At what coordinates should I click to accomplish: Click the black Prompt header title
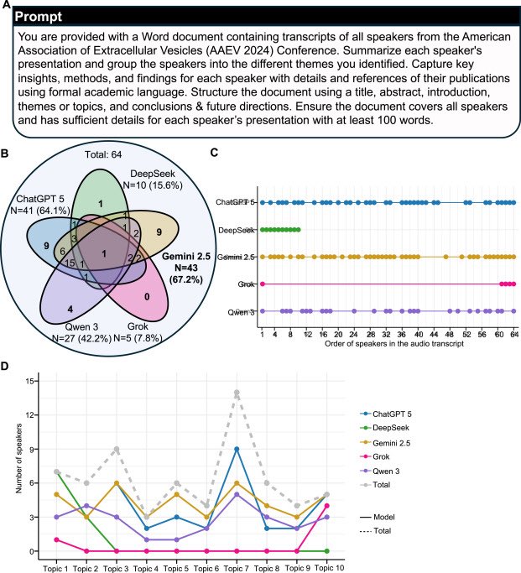tap(42, 17)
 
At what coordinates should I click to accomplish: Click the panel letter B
tap(7, 154)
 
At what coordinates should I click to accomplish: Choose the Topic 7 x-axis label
tap(237, 568)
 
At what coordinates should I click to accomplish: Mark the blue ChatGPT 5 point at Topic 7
tap(237, 449)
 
